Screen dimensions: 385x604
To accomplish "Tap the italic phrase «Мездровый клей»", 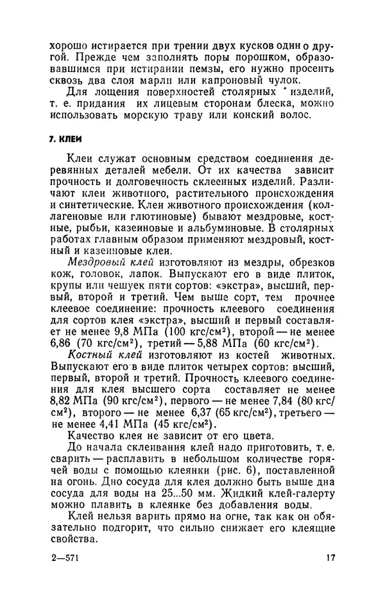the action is click(107, 262).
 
